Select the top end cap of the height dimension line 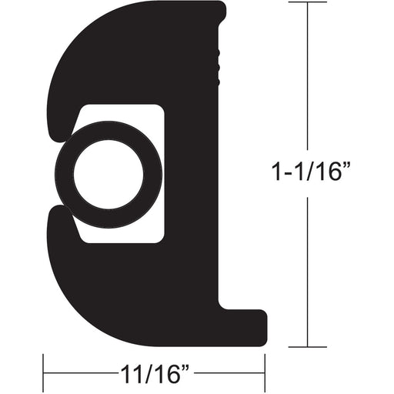tap(308, 4)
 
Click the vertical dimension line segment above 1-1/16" tap(308, 77)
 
